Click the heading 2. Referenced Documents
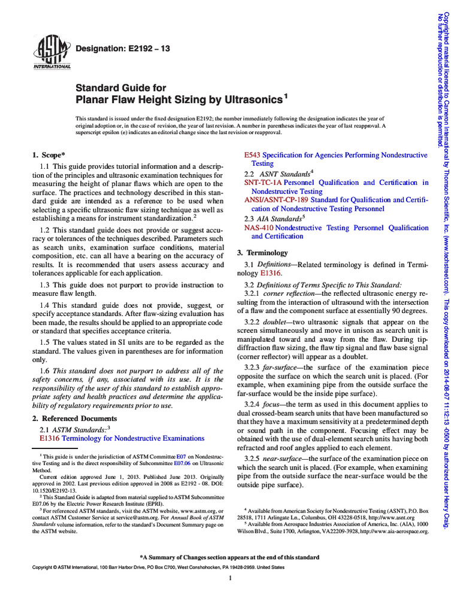[74, 418]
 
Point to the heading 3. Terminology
[262, 253]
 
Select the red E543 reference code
[252, 155]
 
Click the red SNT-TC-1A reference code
[263, 183]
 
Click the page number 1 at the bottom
[230, 578]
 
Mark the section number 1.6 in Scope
[46, 371]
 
